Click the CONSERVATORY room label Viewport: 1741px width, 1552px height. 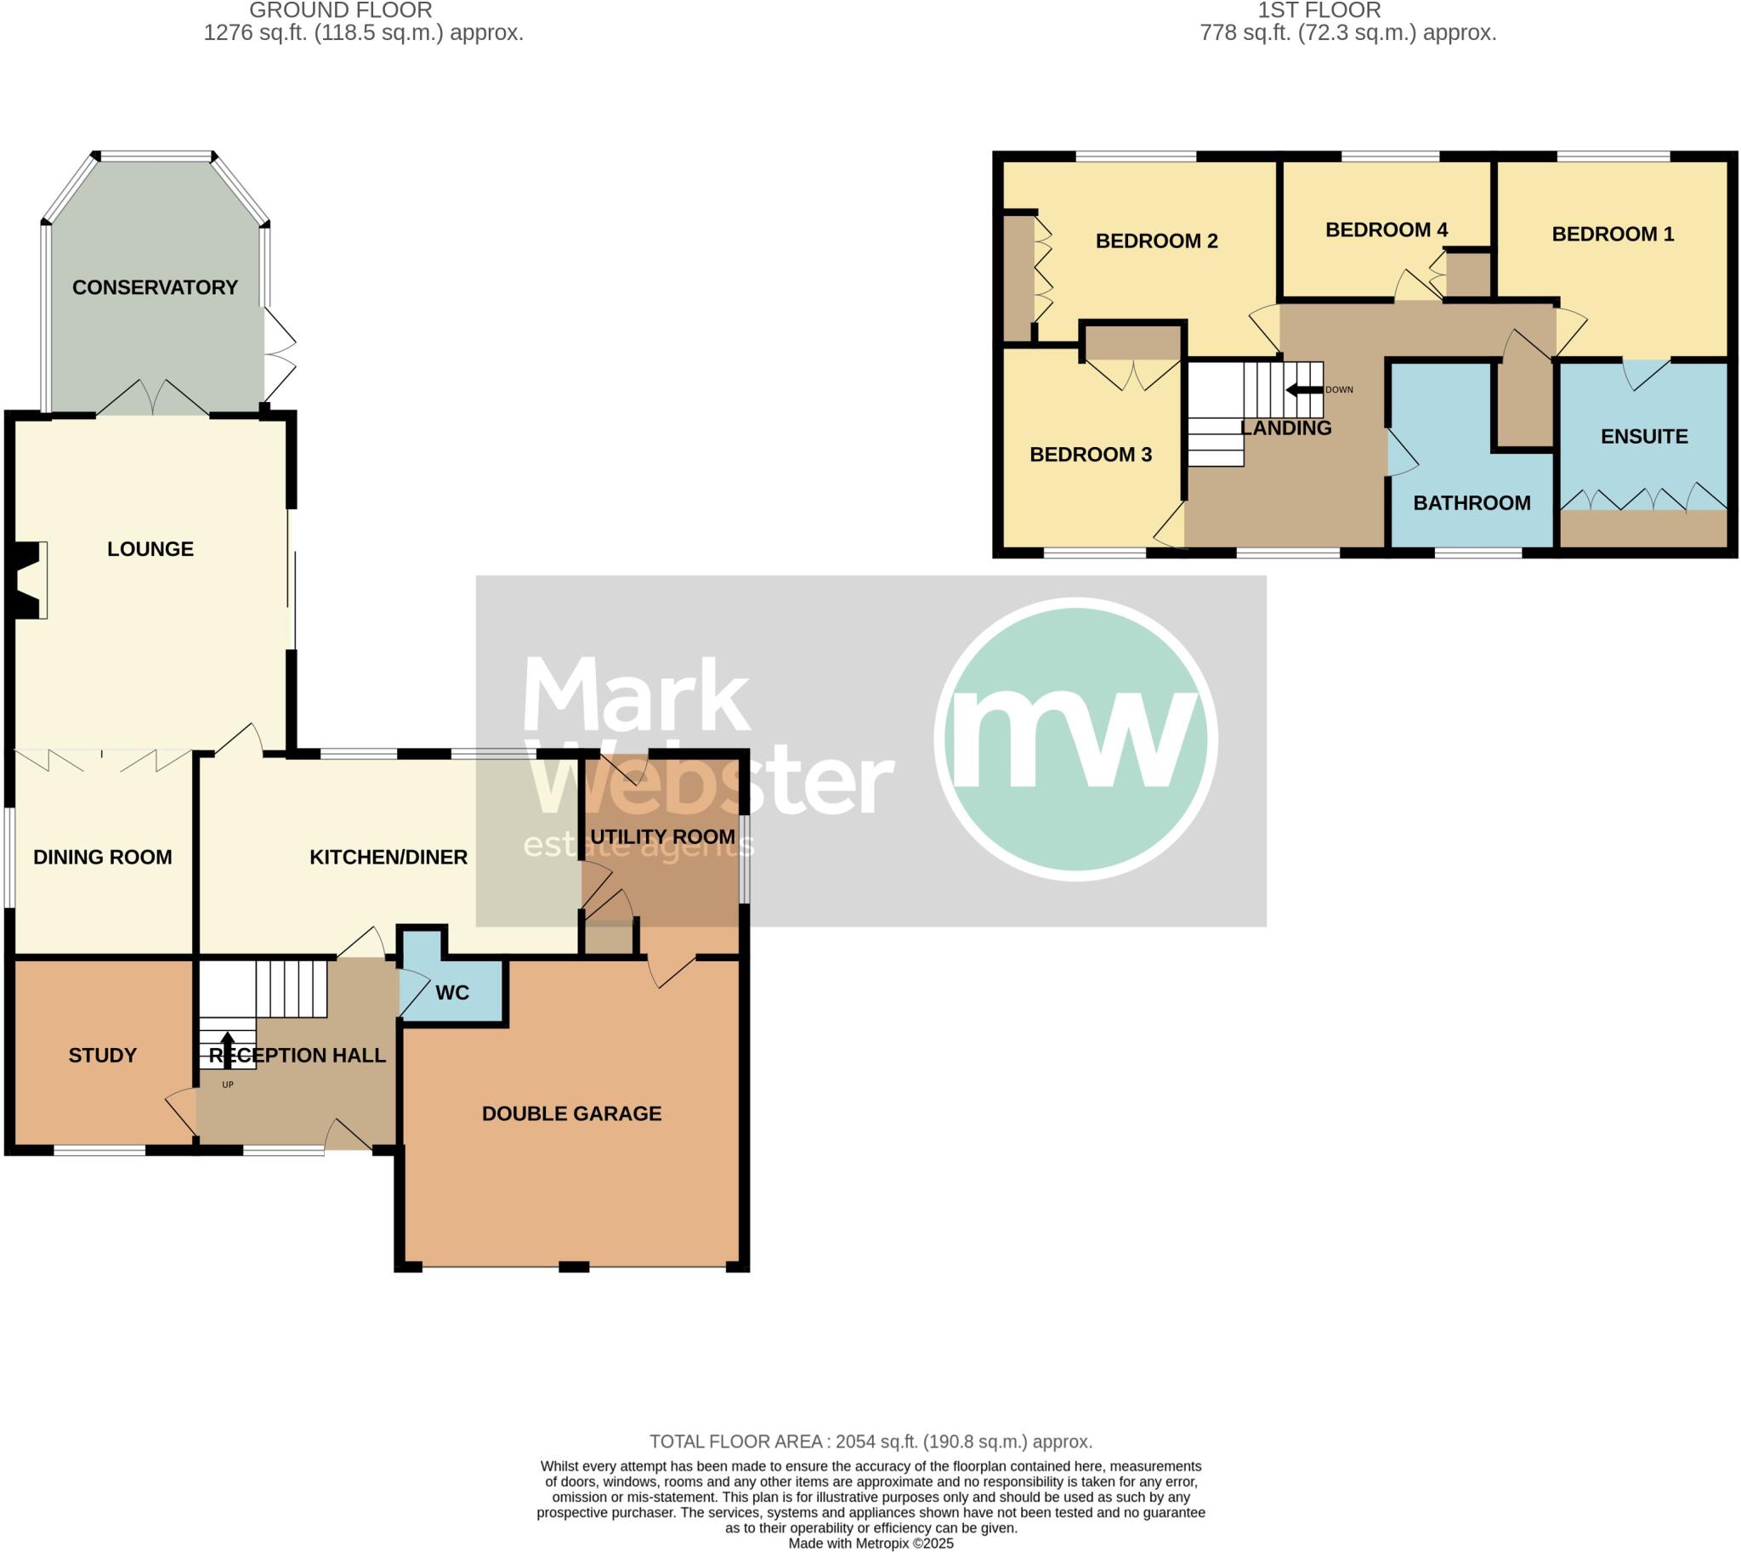coord(155,287)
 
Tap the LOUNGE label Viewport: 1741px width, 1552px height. coord(150,549)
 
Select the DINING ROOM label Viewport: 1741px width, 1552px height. coord(102,857)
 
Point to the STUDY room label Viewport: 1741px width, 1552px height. coord(102,1056)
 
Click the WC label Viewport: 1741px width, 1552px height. coord(452,993)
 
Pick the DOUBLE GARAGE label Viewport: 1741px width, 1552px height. coord(571,1113)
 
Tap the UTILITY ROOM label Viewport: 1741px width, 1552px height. coord(662,837)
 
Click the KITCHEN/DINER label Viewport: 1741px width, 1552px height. coord(388,857)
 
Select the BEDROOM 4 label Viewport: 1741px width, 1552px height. coord(1387,229)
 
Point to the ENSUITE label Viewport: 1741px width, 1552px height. coord(1644,437)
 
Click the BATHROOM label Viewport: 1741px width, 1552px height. coord(1472,503)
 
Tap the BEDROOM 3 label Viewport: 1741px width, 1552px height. coord(1090,455)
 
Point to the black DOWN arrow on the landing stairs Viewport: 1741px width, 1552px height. coord(1303,390)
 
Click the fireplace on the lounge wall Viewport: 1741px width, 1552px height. coord(31,580)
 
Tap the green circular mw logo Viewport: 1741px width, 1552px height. coord(1075,739)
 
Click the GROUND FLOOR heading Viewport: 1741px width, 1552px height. coord(340,10)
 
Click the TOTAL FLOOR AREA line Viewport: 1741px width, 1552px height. coord(870,1442)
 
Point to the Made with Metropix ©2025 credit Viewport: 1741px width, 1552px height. coord(870,1544)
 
